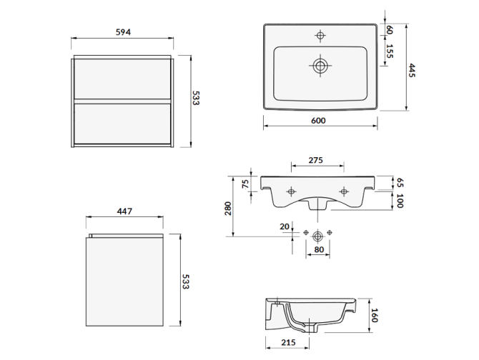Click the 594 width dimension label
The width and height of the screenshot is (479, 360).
click(x=124, y=32)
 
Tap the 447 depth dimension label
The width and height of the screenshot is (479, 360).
click(x=124, y=211)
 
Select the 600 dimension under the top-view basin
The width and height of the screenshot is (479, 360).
click(x=318, y=121)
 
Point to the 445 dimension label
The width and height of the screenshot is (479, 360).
click(x=412, y=70)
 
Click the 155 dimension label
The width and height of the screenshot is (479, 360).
click(x=389, y=51)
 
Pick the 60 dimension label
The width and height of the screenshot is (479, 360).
click(x=389, y=30)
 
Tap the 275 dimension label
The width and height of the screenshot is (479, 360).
click(x=315, y=160)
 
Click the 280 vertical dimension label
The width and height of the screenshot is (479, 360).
click(x=228, y=209)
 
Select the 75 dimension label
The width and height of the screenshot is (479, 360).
click(x=245, y=184)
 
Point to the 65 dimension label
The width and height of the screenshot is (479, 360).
click(x=400, y=183)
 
